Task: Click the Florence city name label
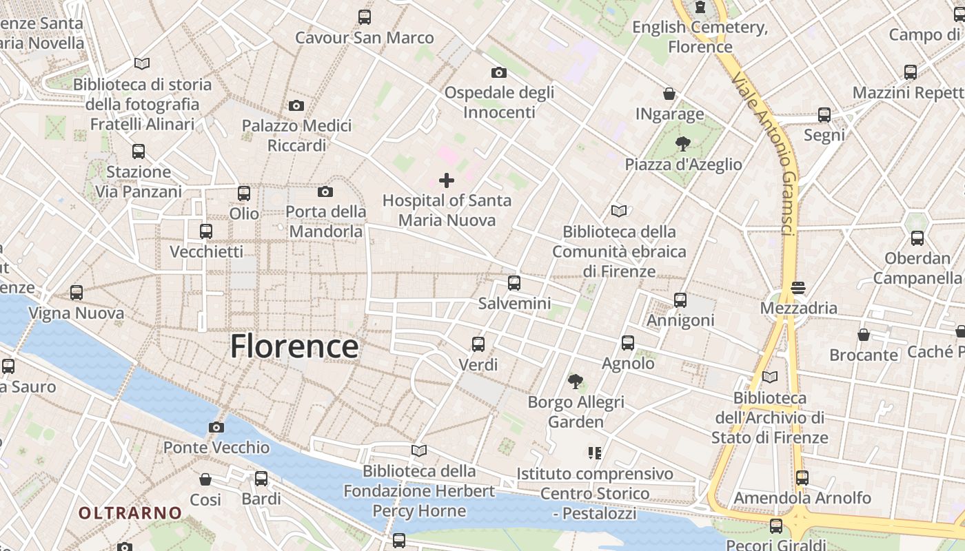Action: point(294,346)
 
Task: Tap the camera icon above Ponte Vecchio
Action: point(216,427)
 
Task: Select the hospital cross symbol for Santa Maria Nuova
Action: point(447,180)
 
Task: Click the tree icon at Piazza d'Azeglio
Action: point(683,144)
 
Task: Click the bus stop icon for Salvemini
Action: point(514,282)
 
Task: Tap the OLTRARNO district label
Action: point(130,513)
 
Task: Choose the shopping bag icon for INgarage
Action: point(669,94)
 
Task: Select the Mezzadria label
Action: point(798,308)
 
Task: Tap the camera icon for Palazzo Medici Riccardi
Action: point(296,105)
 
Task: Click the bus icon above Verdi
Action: point(478,344)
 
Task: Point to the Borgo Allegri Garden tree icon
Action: point(575,381)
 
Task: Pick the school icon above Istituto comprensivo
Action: point(594,453)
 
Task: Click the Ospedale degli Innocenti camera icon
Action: point(498,72)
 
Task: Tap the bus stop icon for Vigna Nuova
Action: point(77,293)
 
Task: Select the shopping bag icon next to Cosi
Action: point(205,479)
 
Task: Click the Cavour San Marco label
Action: point(364,37)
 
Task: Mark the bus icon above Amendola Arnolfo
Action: point(802,477)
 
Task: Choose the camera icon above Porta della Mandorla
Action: point(325,191)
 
